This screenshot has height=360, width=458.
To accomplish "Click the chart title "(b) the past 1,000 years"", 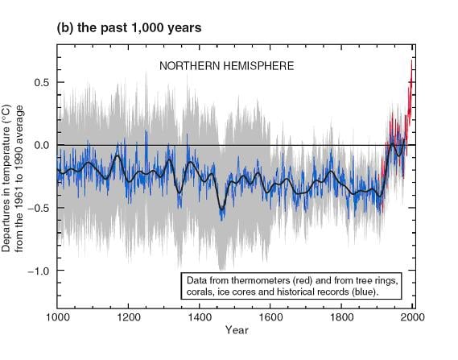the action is [x=129, y=28].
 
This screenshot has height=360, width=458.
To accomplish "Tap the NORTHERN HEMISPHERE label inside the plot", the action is [x=227, y=66].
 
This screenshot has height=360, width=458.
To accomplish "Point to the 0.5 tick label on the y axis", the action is [x=42, y=82].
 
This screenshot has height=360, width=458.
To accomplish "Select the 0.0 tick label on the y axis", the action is [x=42, y=145].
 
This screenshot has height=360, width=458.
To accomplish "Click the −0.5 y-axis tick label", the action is [x=39, y=208].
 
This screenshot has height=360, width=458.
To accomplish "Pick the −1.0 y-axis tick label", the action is [x=39, y=271].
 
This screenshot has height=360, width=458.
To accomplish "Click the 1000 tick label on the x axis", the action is [x=58, y=317].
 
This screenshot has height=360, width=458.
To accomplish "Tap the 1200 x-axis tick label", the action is [x=129, y=317].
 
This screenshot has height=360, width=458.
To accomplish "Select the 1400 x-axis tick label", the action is [x=200, y=317].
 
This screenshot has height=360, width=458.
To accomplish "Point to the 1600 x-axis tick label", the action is [x=270, y=317].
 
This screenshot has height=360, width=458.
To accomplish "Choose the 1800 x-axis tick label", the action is [x=341, y=317].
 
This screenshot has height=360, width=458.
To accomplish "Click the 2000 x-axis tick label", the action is [x=412, y=317].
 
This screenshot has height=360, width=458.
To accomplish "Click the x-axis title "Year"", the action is [x=237, y=330].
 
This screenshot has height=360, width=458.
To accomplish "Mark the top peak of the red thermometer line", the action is [x=412, y=60].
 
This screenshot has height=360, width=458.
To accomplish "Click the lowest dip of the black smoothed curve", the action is [x=221, y=209].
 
